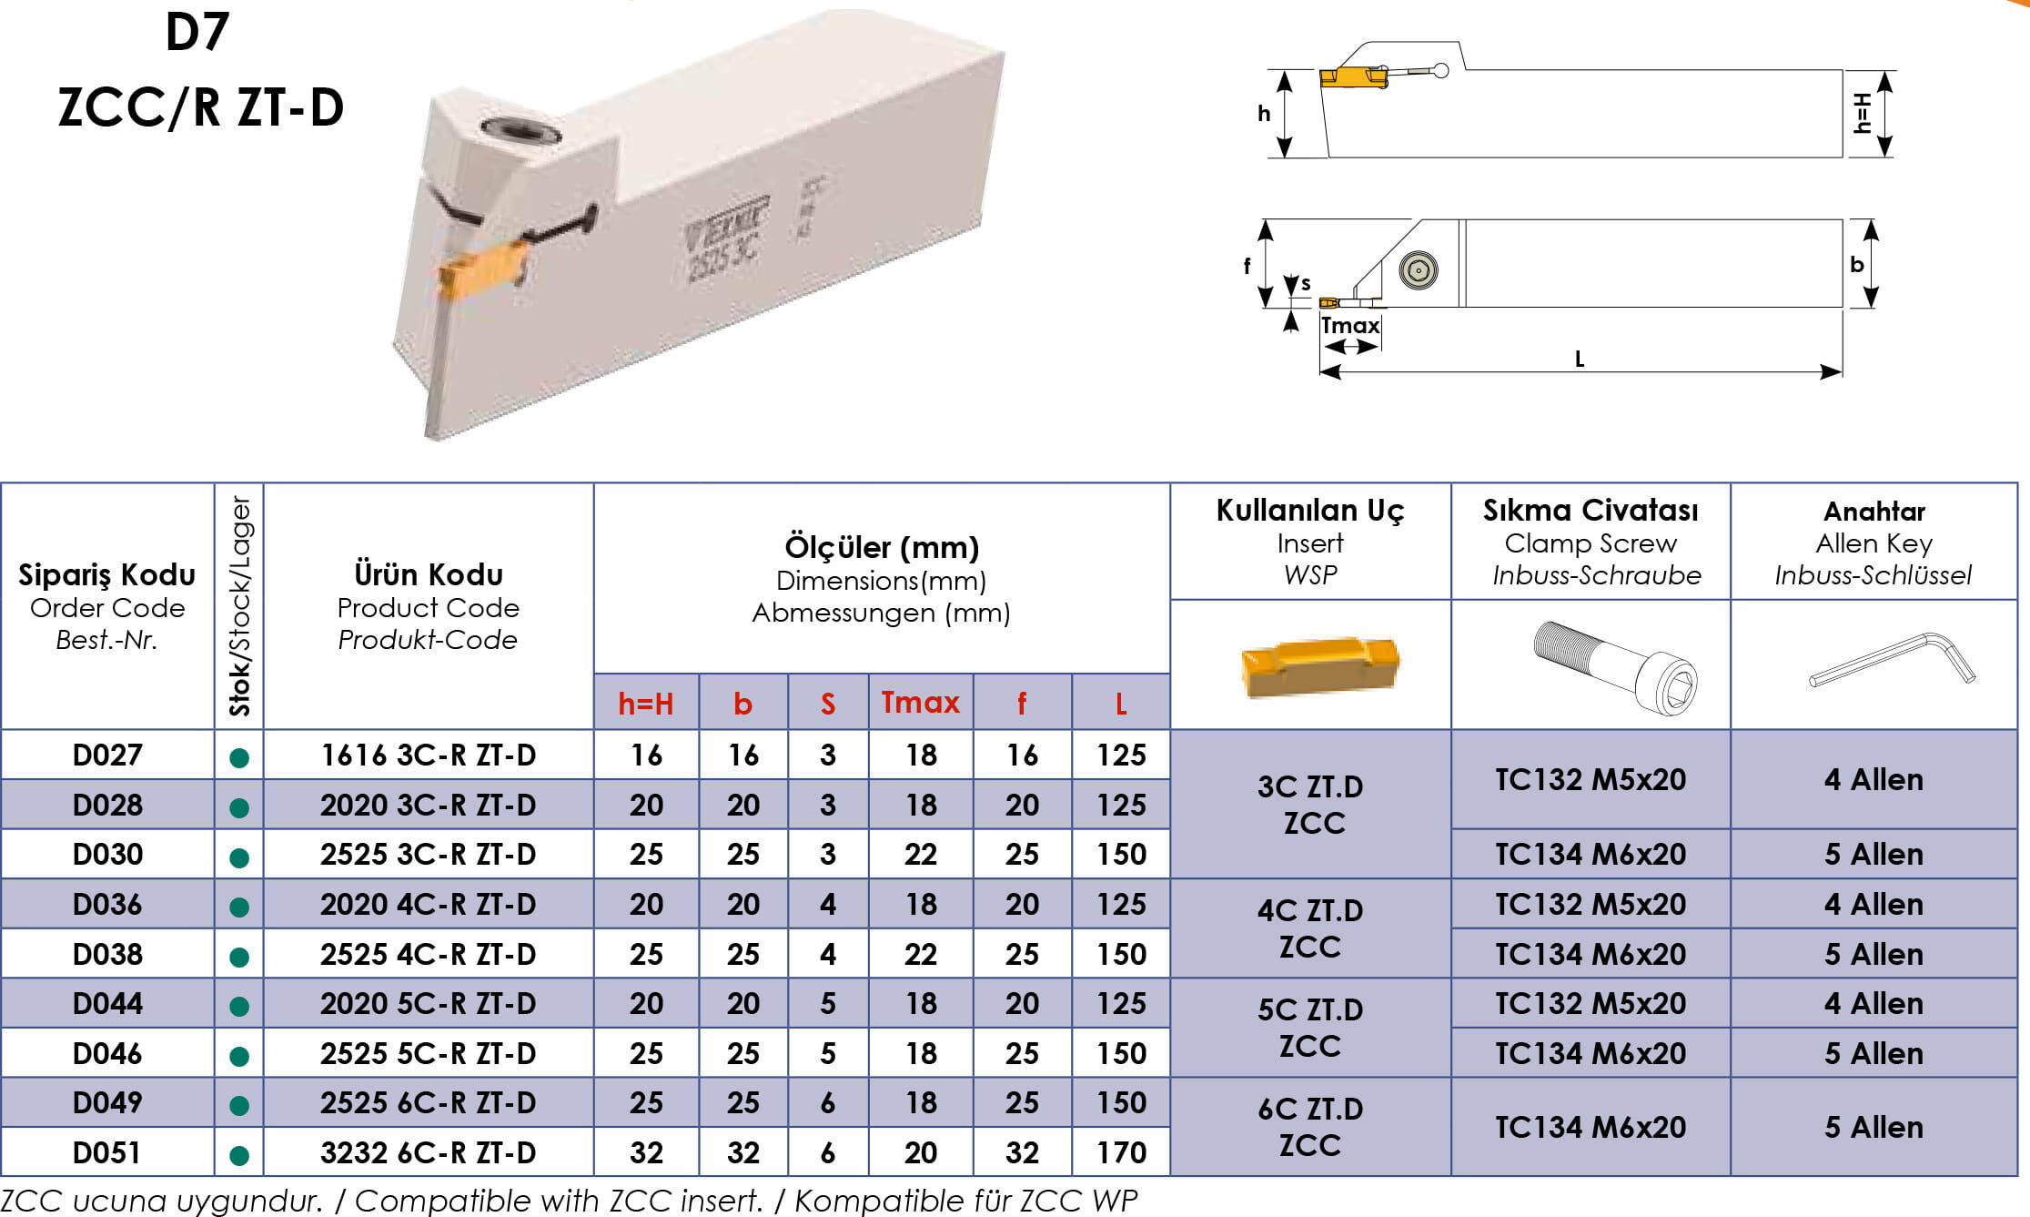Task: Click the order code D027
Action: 107,756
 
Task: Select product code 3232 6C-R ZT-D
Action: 428,1153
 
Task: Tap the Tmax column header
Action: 920,703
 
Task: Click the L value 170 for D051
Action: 1121,1153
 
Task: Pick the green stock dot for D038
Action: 239,957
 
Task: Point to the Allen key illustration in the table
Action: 1892,660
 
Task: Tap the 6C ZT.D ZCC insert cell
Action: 1310,1127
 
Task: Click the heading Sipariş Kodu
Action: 107,575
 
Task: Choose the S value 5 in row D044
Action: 828,1004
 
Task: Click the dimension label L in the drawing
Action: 1580,360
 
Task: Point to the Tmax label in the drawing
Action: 1350,326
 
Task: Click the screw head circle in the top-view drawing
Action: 1419,270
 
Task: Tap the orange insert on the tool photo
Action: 482,270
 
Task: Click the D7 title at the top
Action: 197,32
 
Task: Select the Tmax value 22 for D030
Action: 921,855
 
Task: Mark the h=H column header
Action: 646,704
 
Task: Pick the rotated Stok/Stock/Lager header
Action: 239,606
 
